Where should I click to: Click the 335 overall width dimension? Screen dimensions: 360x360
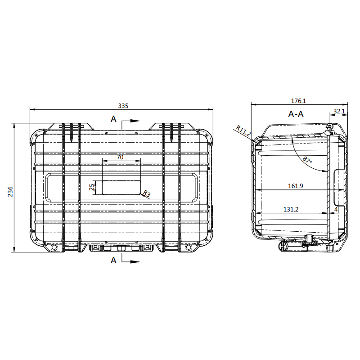point(123,106)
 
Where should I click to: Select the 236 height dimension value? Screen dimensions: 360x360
point(10,192)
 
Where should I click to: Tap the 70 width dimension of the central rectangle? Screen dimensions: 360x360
point(120,157)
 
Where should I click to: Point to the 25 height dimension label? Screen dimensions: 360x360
point(92,187)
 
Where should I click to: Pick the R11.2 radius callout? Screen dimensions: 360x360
point(243,130)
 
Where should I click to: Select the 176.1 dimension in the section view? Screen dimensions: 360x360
point(298,101)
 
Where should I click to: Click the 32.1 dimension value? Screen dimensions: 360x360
point(339,111)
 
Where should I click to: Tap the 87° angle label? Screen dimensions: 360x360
point(307,160)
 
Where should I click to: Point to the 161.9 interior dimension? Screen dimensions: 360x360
point(296,186)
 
